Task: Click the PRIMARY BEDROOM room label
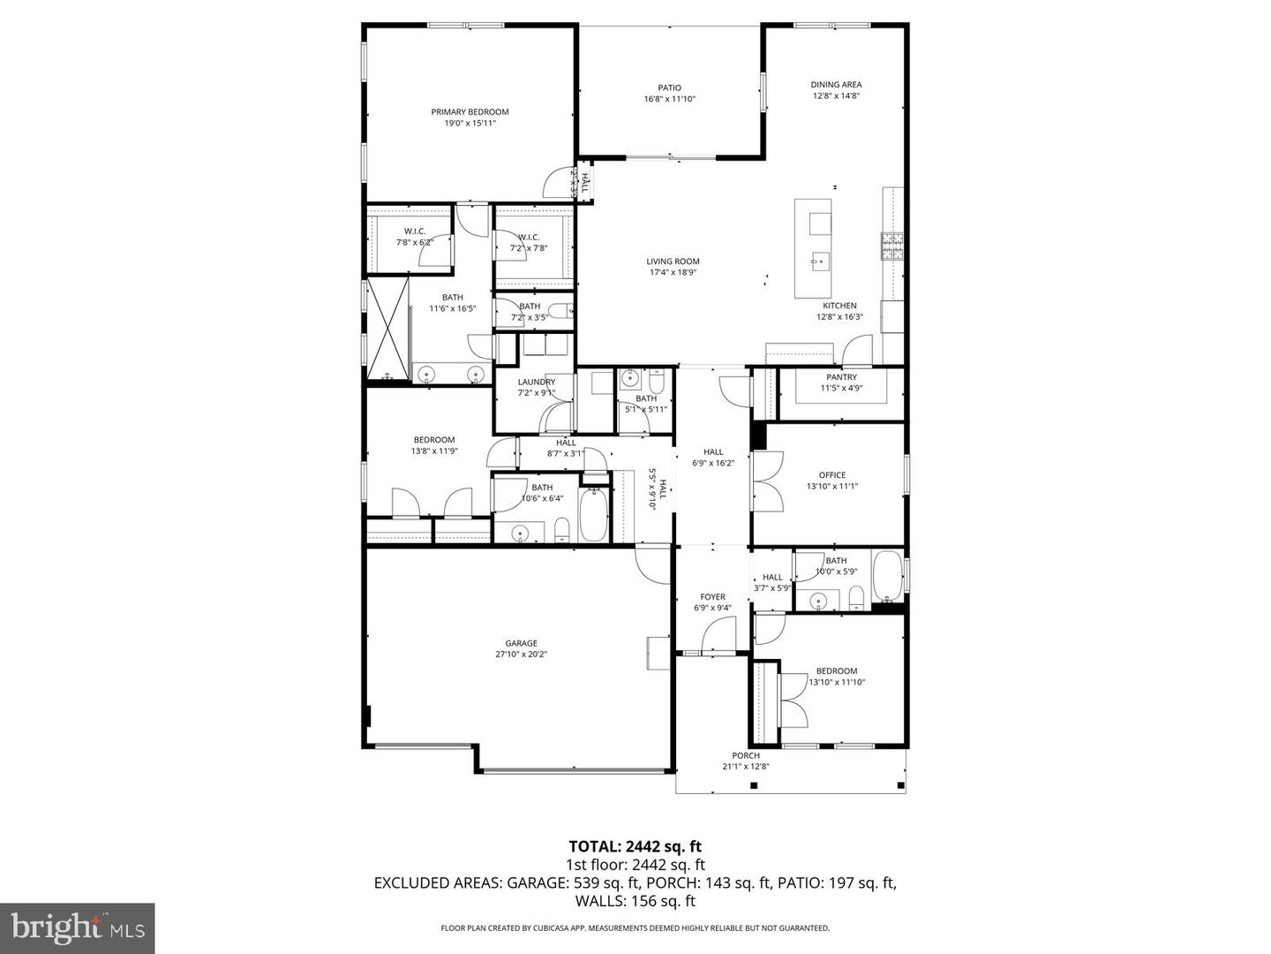pos(470,112)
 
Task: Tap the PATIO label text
pos(669,87)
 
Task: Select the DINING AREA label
pos(836,85)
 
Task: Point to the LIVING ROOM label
pos(673,261)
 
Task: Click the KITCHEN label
pos(839,306)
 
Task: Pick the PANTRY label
pos(841,377)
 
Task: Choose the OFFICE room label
pos(831,475)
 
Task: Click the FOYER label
pos(712,597)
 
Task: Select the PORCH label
pos(746,755)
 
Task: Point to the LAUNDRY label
pos(536,382)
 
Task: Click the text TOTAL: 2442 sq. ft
pos(635,846)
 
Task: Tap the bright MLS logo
pos(78,927)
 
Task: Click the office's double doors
pos(766,481)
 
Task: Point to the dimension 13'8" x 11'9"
pos(434,451)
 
